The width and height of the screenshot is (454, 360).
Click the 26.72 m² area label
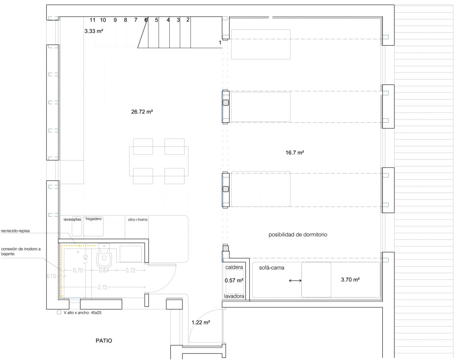point(142,112)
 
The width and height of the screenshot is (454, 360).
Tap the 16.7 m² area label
point(294,153)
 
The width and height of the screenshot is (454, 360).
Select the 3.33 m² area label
point(94,31)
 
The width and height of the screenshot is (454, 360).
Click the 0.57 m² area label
point(234,281)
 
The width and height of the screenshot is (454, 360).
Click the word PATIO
point(104,340)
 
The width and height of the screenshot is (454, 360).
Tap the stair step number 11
point(93,20)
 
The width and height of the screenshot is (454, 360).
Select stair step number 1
point(220,43)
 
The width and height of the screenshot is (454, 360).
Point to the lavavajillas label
point(72,220)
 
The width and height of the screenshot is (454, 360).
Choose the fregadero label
point(93,219)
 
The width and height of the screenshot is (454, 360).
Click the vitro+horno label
point(137,220)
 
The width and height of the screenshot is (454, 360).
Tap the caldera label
point(234,268)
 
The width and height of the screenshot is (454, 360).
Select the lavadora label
point(234,297)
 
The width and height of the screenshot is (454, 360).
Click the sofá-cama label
point(271,268)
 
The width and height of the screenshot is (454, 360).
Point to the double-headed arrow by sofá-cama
point(295,280)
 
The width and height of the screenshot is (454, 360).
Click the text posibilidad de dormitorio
point(297,235)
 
